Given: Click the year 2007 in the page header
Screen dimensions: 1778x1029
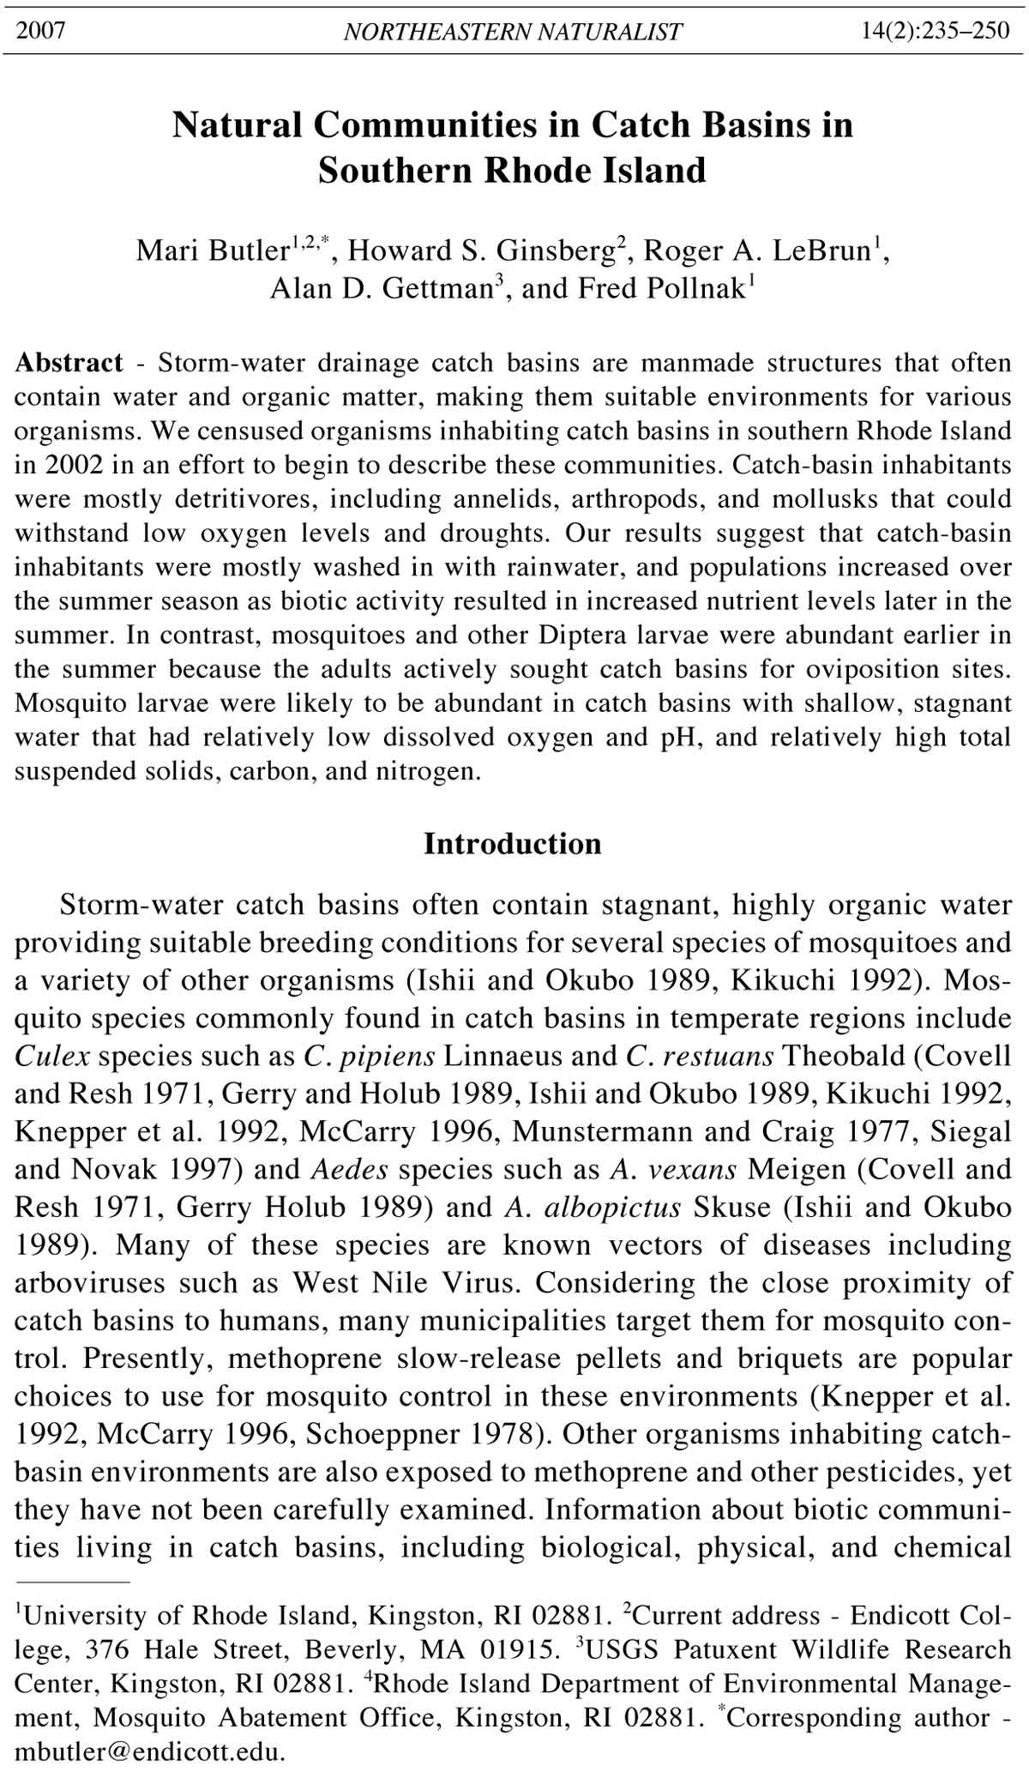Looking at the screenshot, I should coord(41,31).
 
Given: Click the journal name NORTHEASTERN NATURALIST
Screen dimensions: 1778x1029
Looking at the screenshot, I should coord(513,32).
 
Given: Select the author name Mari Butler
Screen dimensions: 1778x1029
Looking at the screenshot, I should coord(211,250).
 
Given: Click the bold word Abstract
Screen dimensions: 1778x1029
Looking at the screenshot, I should coord(69,363).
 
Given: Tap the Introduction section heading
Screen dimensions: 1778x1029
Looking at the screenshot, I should coord(513,844).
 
